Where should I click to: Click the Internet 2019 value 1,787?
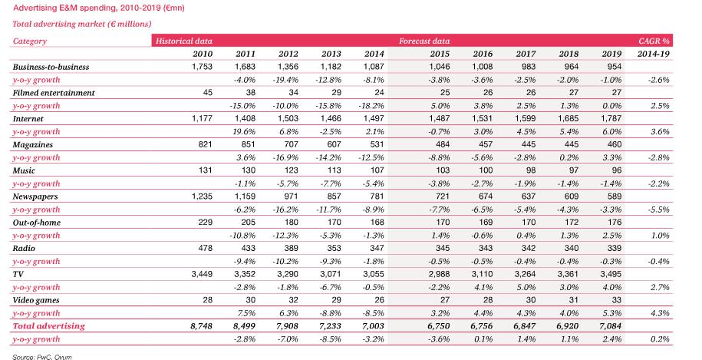coord(611,119)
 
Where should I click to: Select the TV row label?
coord(18,274)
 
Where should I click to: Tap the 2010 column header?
coord(203,54)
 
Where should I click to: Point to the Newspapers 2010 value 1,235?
coord(202,197)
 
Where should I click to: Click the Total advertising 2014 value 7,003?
coord(373,326)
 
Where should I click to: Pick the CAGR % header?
coord(654,41)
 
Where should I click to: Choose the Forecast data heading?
coord(424,41)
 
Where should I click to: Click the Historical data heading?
coord(184,41)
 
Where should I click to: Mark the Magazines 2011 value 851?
coord(248,144)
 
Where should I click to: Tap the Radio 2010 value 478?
coord(205,248)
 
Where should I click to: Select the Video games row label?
coord(36,300)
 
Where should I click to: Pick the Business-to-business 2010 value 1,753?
coord(202,66)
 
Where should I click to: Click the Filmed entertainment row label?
coord(54,93)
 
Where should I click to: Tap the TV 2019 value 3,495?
coord(611,274)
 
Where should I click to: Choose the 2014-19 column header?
coord(654,54)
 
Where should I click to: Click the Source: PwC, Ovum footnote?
coord(42,357)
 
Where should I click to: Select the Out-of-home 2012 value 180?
coord(291,222)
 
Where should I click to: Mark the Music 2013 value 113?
coord(334,170)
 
